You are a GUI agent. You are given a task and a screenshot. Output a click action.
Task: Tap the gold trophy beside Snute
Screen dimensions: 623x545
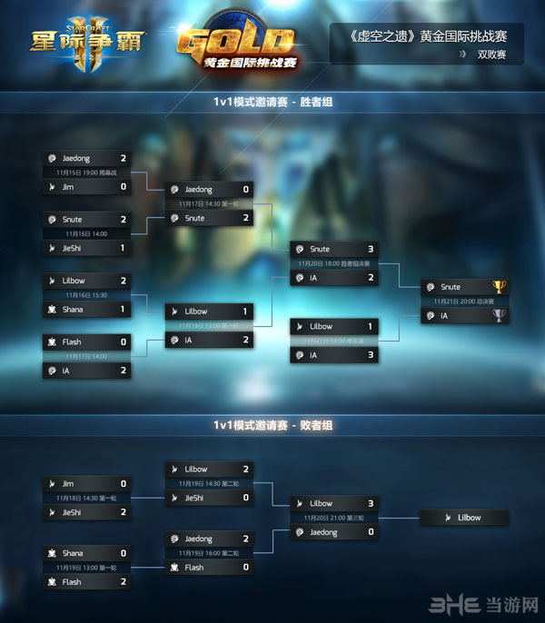click(x=498, y=287)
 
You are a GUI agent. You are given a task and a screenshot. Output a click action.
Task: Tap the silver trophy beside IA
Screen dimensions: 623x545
click(x=498, y=315)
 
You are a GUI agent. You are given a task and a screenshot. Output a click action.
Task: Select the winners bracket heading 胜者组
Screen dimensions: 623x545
click(x=272, y=104)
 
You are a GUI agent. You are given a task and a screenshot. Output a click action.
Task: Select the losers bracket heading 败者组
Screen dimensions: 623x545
click(x=272, y=424)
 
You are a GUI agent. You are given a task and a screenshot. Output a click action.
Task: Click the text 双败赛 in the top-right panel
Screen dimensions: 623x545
click(x=492, y=54)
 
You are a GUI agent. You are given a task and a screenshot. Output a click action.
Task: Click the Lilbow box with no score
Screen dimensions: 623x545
click(x=464, y=518)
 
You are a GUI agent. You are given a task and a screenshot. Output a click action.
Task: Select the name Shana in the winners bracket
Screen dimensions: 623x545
click(x=73, y=310)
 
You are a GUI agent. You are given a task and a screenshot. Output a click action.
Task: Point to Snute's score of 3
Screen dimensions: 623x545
click(x=371, y=249)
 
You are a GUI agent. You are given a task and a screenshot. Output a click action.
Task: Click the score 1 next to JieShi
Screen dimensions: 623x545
click(x=123, y=248)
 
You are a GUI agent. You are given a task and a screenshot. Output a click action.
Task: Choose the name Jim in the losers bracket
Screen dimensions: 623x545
click(x=69, y=484)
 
